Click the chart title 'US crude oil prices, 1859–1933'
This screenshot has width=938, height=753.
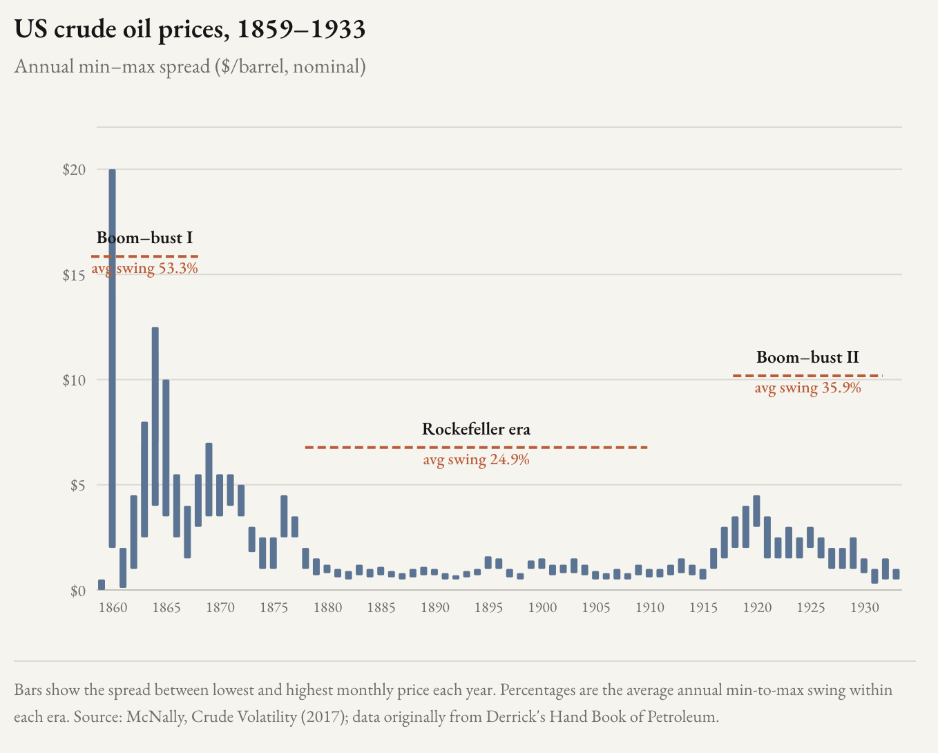click(x=189, y=30)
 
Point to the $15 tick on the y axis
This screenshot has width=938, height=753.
click(x=74, y=275)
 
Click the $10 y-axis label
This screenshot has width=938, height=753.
click(x=74, y=380)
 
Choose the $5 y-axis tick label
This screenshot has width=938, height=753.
click(x=77, y=486)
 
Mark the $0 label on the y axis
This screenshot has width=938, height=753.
click(x=77, y=591)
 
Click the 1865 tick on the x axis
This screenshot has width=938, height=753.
click(x=166, y=608)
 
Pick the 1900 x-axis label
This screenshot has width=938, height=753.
click(x=542, y=608)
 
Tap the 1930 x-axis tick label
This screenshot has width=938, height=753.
click(x=864, y=608)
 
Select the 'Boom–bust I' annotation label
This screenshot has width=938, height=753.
click(x=144, y=238)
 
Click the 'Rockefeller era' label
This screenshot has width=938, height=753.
click(x=476, y=429)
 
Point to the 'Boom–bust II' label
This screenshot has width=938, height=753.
click(x=807, y=357)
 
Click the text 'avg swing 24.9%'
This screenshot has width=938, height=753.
click(x=476, y=459)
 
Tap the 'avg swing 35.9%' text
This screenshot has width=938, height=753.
click(x=807, y=388)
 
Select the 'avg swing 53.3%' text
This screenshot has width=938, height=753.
click(x=144, y=268)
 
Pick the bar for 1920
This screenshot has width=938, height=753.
click(x=756, y=511)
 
